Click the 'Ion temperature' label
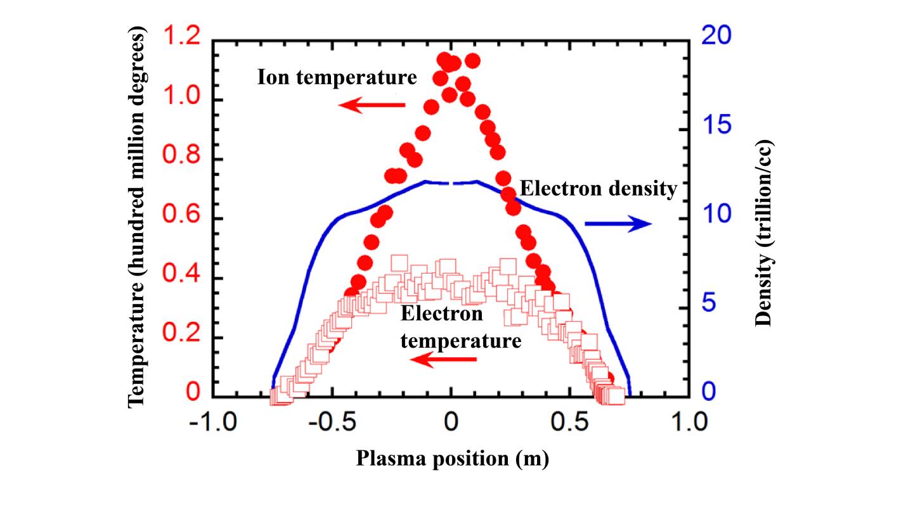337,78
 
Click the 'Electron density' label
599,189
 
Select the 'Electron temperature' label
462,327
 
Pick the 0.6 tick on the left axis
182,220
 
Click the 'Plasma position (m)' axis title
451,458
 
